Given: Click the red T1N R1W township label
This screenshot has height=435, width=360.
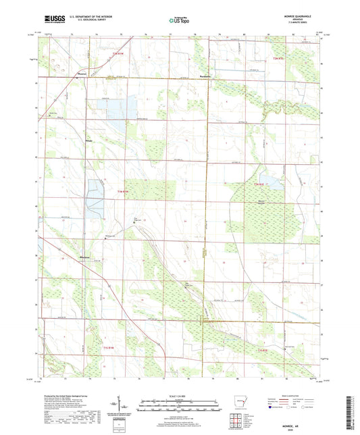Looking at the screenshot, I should (x=122, y=192).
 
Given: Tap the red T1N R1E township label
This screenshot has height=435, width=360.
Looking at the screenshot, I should (x=259, y=184).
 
